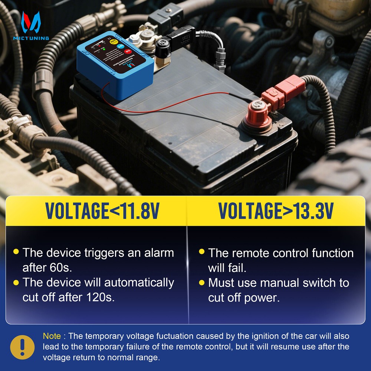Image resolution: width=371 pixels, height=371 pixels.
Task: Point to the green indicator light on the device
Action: (x=105, y=49)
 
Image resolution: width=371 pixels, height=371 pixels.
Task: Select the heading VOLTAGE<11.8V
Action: (x=102, y=211)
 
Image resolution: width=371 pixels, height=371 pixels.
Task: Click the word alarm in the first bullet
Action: (x=155, y=253)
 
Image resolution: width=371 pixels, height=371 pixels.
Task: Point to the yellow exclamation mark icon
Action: (x=22, y=347)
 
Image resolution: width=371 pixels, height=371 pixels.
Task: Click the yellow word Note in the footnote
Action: (x=52, y=336)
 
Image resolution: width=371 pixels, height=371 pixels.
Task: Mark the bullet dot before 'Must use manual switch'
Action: (x=201, y=283)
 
